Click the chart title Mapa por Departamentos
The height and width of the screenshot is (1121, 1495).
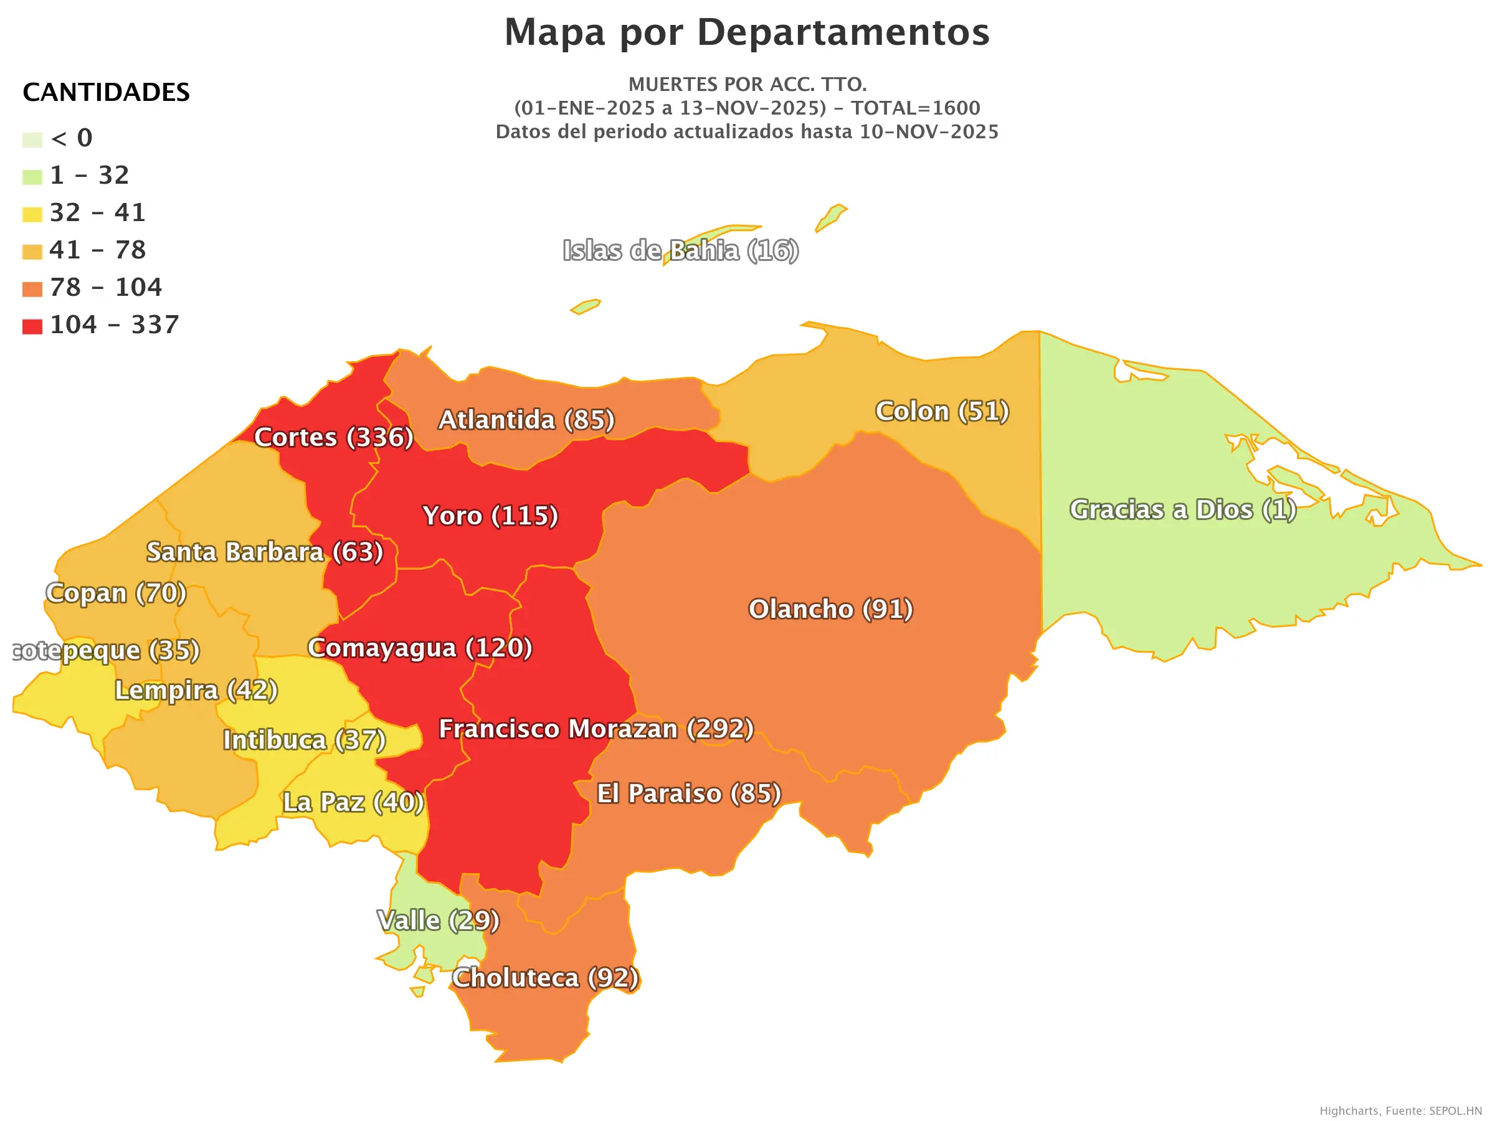pos(747,32)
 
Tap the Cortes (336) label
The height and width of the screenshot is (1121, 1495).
pos(333,437)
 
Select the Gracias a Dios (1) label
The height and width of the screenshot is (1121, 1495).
pos(1182,509)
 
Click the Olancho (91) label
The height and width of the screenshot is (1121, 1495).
pos(830,609)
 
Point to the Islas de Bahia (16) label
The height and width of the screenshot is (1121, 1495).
pos(681,251)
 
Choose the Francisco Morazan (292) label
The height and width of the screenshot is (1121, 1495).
pos(596,729)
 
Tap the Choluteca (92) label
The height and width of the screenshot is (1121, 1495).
pos(545,978)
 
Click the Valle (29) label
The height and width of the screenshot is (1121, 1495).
pos(438,920)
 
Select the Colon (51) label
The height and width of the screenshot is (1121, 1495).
pos(942,411)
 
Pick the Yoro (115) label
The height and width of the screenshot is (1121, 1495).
pos(490,516)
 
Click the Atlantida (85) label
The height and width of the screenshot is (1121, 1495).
pos(526,420)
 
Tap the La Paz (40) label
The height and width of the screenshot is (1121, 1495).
pos(353,802)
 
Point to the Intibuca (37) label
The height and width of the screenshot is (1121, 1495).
pos(304,740)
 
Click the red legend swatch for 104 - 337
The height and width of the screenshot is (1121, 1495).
pos(32,327)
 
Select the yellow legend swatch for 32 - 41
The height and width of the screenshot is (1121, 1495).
pos(32,215)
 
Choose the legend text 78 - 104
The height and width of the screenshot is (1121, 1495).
pos(106,287)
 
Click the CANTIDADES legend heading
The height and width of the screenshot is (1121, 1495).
pos(106,92)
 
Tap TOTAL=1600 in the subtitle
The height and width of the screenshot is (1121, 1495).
pos(915,108)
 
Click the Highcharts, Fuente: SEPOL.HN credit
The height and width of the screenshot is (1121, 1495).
pos(1400,1111)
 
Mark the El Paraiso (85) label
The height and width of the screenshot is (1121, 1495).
pos(689,793)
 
